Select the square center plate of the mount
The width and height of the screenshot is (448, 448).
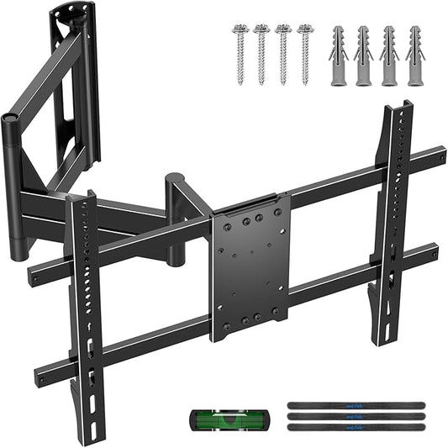[x=250, y=266]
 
